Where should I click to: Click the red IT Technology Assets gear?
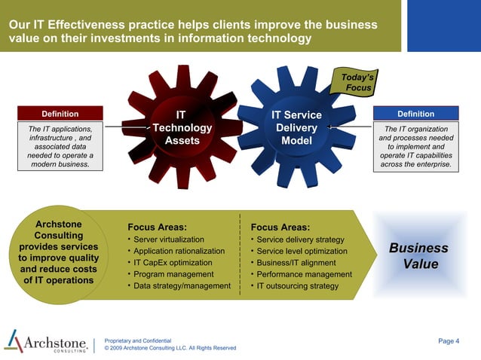click(182, 128)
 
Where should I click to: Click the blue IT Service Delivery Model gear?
click(296, 128)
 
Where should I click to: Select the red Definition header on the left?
click(60, 114)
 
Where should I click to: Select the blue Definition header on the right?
click(415, 114)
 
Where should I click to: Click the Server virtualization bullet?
click(169, 239)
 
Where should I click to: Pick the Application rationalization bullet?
click(179, 251)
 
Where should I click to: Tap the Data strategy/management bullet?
click(182, 286)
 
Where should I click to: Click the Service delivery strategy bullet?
click(300, 239)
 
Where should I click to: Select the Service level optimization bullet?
click(302, 251)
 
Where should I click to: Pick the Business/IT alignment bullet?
click(296, 263)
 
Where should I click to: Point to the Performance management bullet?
click(304, 274)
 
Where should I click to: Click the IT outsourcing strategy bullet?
click(297, 286)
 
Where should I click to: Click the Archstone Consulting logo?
click(47, 343)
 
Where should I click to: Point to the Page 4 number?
click(448, 341)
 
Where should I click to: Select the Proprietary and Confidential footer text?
click(143, 341)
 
